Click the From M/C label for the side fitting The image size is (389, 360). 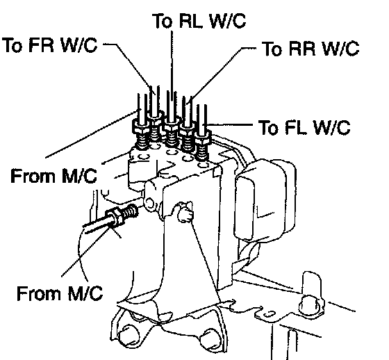60,293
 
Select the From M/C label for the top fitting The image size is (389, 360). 53,176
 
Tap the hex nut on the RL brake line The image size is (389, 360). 172,124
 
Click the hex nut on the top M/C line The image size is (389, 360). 140,125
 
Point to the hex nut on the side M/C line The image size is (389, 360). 114,217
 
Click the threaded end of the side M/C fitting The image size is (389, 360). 130,211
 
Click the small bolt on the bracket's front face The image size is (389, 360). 185,213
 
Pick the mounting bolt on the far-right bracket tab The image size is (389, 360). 311,305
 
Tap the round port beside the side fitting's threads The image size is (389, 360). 149,203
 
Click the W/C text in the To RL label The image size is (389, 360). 227,20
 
